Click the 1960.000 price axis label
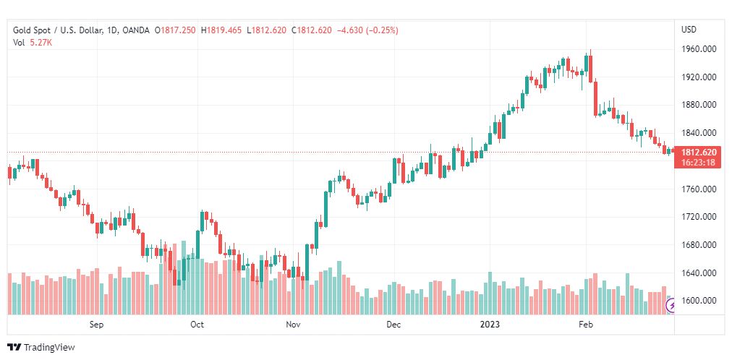[x=699, y=49]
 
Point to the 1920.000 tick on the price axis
[x=699, y=77]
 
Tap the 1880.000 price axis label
[x=699, y=105]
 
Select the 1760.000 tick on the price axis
[x=699, y=189]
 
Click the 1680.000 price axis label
[x=699, y=245]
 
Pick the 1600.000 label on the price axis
[x=699, y=301]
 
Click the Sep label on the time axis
[x=97, y=325]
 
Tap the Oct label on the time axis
[x=197, y=325]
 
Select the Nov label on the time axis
[x=293, y=325]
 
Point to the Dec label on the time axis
[x=393, y=325]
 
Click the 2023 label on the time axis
[x=491, y=325]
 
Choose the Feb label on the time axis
[x=587, y=325]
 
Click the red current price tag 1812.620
[x=699, y=153]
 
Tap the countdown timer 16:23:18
[x=699, y=163]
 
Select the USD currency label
[x=689, y=30]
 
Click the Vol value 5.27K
[x=41, y=43]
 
